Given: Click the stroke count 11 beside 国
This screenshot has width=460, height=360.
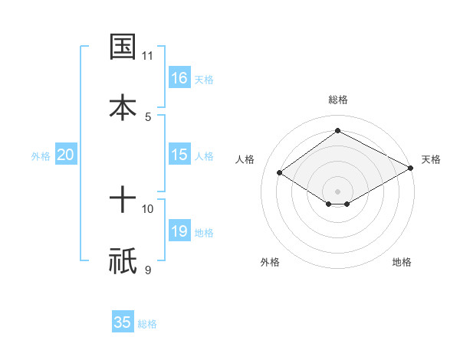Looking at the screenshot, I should coord(148,56).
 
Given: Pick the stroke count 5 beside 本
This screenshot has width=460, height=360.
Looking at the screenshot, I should coord(148,116).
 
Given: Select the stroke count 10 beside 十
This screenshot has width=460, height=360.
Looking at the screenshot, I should coord(148,209).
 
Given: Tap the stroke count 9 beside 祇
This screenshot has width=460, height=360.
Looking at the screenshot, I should coord(148,270).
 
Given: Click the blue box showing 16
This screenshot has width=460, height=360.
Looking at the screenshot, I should coord(179,78).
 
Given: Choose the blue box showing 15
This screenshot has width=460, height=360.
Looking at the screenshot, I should coord(179,155).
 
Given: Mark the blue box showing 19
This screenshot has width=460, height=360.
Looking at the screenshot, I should coord(179,231).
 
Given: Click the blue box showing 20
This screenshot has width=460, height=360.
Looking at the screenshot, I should coord(66,155).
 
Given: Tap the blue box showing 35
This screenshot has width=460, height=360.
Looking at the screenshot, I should coord(123,322).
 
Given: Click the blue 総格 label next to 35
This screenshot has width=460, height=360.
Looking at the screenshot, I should coord(147,324).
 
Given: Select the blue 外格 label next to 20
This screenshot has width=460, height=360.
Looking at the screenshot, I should coord(41,156).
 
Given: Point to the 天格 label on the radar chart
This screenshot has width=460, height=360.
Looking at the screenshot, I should coord(431,159).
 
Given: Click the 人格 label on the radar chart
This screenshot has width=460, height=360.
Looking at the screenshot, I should coord(245,159).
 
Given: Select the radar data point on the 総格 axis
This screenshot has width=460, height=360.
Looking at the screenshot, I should coord(337,131).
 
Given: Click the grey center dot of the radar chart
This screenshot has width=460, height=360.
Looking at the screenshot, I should coord(337,191).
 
